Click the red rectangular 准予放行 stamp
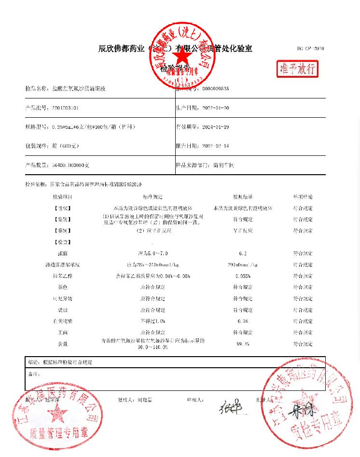coord(298,69)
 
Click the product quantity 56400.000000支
coord(70,165)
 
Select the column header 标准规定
coord(152,197)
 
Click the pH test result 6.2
coord(243,253)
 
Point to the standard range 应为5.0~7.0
coord(152,253)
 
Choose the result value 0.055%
coord(243,276)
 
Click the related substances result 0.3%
coord(243,321)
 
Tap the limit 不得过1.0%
coord(152,321)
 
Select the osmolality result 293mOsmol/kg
coord(243,265)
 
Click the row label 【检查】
coord(63,242)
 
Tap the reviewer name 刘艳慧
coord(144,400)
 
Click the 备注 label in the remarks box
coord(33,374)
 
